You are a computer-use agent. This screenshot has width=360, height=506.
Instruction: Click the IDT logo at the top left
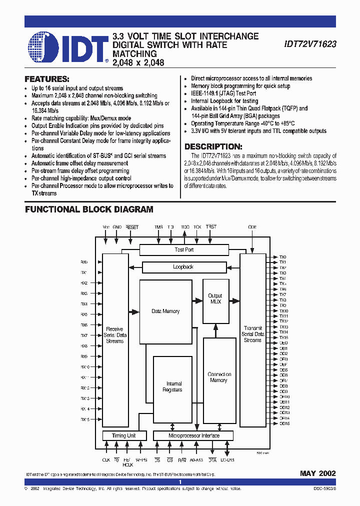tap(68, 48)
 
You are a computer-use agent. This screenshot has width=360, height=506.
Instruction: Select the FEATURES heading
tap(47, 79)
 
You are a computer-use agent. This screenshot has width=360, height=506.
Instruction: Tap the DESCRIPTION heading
tap(213, 146)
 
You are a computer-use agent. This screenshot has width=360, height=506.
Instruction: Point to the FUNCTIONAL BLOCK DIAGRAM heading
tap(89, 209)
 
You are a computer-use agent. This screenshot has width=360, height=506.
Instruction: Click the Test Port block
tap(183, 249)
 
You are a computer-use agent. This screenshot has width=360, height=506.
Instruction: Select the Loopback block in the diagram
tap(183, 267)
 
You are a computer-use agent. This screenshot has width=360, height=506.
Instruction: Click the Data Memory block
tap(165, 311)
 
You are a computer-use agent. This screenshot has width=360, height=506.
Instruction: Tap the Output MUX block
tap(215, 299)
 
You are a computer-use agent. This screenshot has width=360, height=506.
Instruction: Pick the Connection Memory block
tap(219, 377)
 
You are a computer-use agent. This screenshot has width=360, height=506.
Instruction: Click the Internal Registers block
tap(172, 387)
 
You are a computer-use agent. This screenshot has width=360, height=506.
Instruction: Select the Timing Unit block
tap(123, 435)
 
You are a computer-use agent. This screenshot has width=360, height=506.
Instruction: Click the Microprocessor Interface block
tap(193, 435)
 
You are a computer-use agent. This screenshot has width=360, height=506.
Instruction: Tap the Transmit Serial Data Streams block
tap(252, 334)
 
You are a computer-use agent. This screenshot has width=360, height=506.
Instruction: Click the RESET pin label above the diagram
tap(132, 227)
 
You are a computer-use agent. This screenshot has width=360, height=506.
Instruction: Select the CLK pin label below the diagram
tap(106, 459)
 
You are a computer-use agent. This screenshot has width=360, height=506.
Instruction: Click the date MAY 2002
tap(317, 473)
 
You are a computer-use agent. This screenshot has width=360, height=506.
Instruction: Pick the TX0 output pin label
tap(282, 257)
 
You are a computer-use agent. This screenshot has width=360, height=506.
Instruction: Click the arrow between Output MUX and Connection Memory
tap(215, 330)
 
